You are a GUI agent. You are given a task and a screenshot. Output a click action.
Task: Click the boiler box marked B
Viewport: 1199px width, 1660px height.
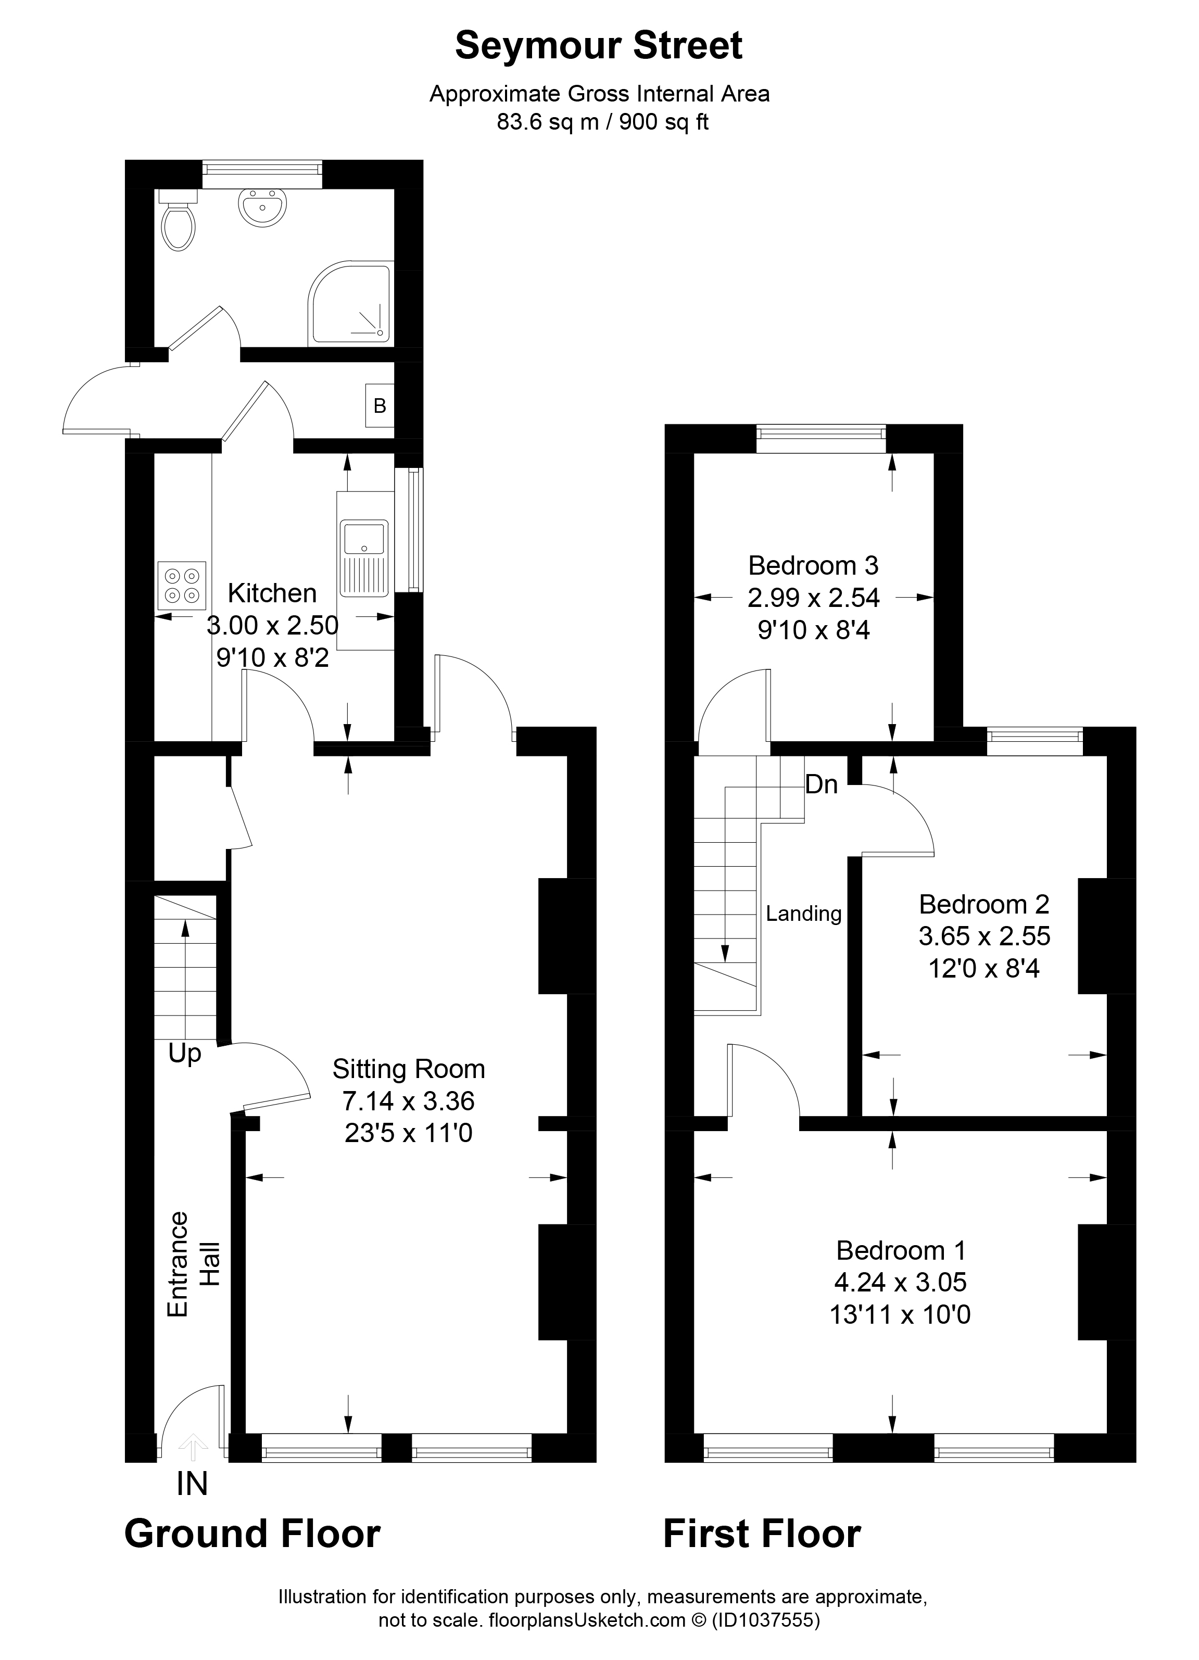pos(380,406)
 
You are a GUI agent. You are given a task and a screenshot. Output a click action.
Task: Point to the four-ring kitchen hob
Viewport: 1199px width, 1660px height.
pos(182,586)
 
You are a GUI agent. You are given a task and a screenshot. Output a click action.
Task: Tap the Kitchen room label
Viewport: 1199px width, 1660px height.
pos(272,593)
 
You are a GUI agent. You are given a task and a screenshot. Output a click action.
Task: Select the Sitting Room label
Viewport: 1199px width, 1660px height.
pos(409,1069)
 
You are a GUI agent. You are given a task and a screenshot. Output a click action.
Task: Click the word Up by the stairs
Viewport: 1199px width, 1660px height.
pos(184,1054)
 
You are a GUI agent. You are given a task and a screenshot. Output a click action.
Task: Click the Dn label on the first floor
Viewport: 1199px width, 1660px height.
pos(822,784)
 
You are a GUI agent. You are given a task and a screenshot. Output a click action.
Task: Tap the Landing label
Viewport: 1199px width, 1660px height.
pos(804,914)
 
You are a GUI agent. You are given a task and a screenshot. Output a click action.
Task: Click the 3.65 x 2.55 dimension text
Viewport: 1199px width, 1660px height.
pos(985,936)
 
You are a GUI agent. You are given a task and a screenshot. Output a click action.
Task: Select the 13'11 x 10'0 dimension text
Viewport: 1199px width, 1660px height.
pos(900,1315)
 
